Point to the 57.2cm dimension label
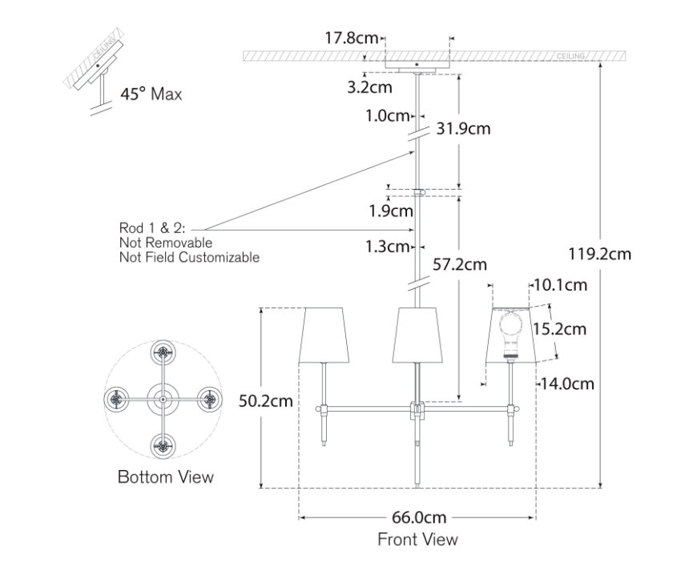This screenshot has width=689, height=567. point(459,263)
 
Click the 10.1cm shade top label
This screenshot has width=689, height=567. point(562,284)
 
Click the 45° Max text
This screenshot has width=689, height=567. point(151,94)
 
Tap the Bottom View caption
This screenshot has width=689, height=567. point(166,477)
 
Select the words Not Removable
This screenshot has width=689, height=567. point(165,243)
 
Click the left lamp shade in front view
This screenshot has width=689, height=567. point(325,334)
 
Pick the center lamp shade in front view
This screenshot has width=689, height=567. point(417,334)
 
